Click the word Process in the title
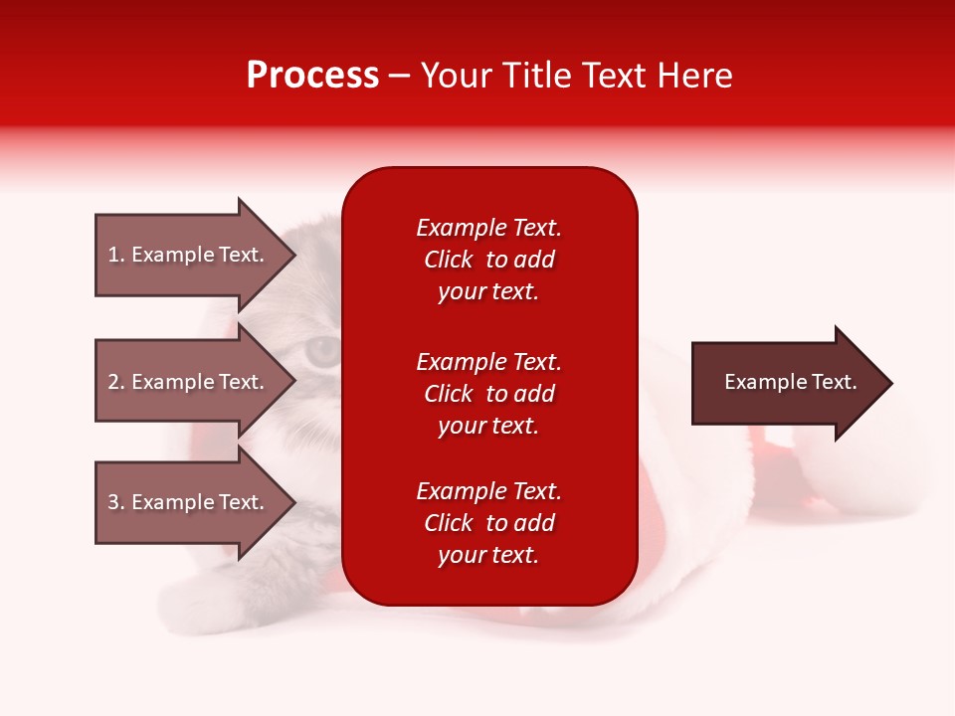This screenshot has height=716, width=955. point(312,76)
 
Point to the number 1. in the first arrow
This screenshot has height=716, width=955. point(116,255)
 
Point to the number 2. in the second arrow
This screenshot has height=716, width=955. point(116,382)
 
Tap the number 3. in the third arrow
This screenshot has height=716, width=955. point(116,502)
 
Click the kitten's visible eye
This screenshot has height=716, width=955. point(323,350)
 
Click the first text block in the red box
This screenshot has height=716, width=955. point(488,260)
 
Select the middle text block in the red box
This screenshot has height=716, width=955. point(488,394)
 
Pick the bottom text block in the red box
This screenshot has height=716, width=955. point(488,523)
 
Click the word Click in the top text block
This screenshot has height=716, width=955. point(449,260)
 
